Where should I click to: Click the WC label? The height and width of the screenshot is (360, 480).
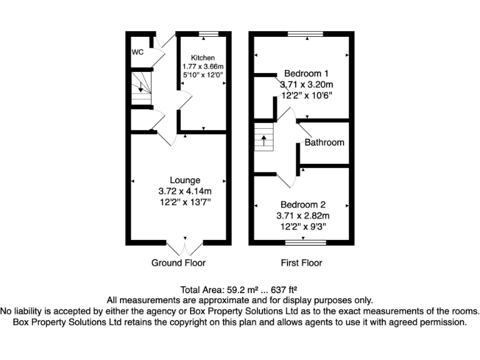tap(137, 52)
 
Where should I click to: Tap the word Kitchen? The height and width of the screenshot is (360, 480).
tap(202, 57)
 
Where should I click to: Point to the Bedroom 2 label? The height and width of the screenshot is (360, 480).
tap(303, 204)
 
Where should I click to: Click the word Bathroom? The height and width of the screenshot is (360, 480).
tap(324, 142)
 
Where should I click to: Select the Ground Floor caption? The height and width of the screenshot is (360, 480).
tap(178, 262)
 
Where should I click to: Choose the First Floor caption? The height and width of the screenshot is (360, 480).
tap(301, 262)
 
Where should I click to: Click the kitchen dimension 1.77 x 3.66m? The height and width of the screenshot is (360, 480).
tap(202, 66)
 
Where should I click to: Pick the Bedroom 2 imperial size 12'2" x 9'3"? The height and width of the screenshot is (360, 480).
tap(303, 227)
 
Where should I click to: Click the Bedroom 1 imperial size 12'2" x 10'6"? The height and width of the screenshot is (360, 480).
tap(306, 96)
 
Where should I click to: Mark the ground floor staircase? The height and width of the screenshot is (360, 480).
tap(141, 87)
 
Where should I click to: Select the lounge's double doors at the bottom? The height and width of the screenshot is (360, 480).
tap(186, 244)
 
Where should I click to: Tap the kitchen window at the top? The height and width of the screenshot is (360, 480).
tap(209, 33)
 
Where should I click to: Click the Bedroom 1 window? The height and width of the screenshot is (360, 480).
tap(306, 33)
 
